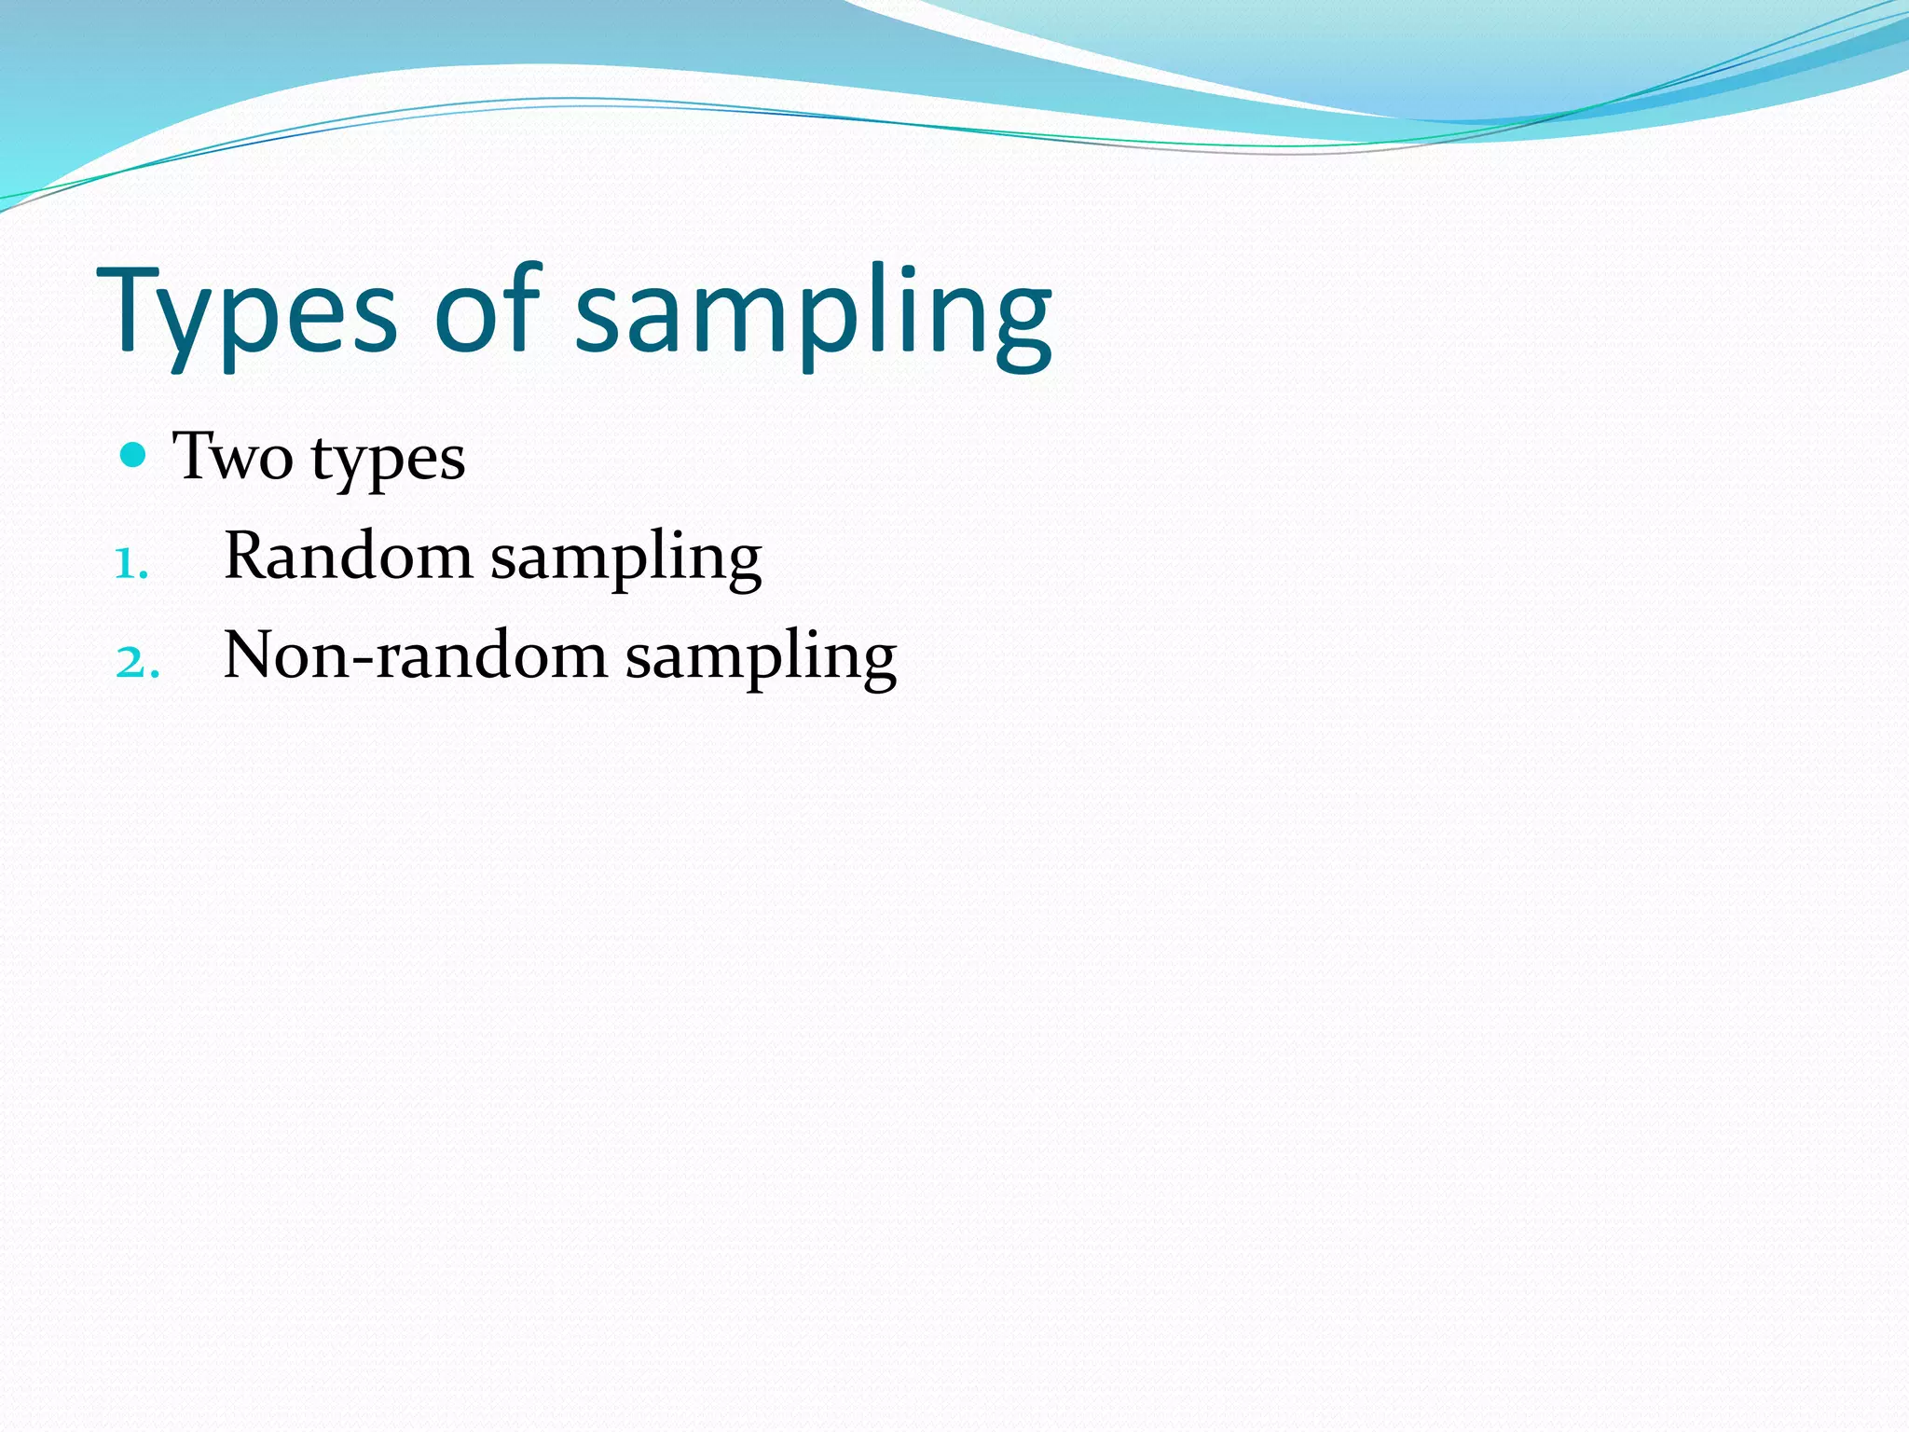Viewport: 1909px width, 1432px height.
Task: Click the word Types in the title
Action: pos(247,312)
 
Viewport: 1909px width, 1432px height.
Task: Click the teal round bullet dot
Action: pos(134,455)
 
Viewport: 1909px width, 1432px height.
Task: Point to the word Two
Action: pos(233,457)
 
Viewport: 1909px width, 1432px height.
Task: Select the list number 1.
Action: pos(130,564)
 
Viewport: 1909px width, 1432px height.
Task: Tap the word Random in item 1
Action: pos(348,557)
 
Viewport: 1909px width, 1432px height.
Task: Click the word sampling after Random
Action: pos(625,559)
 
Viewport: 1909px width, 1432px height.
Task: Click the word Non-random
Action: pos(416,655)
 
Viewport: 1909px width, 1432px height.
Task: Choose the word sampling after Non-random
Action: pos(761,659)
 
